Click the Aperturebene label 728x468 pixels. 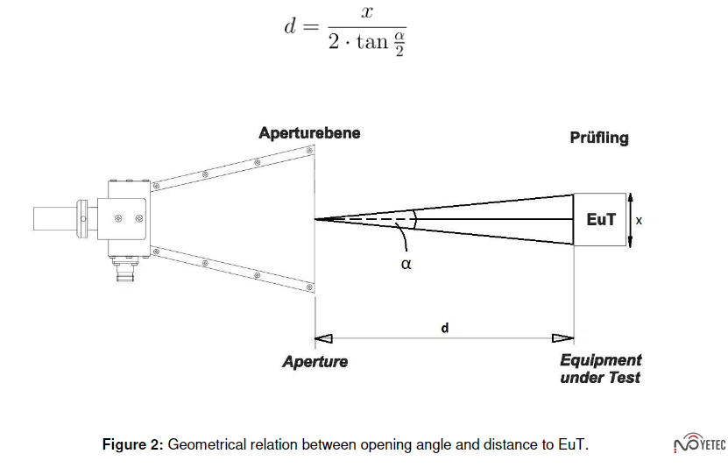coord(309,133)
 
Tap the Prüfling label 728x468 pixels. coord(599,138)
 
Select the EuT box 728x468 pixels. coord(600,220)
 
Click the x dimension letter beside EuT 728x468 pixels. coord(639,221)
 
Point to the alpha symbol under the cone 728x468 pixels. coord(406,263)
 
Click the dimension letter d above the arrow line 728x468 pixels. coord(445,328)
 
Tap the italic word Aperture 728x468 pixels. coord(315,361)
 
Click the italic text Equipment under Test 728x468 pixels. coord(601,369)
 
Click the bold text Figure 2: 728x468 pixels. coord(132,444)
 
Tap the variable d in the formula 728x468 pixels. coord(291,26)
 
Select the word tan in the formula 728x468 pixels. coord(371,41)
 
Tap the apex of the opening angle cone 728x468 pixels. coord(316,219)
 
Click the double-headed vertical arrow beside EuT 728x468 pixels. coord(629,220)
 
